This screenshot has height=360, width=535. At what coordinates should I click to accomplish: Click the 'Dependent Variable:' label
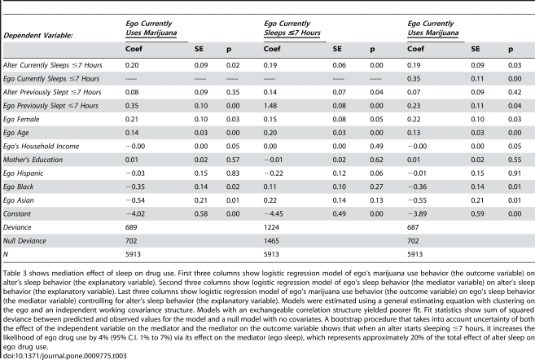(x=38, y=36)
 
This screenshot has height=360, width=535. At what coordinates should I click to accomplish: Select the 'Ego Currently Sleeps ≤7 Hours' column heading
(x=292, y=28)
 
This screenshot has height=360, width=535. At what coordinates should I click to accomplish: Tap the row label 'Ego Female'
(x=21, y=120)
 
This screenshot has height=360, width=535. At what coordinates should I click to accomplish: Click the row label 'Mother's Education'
(x=33, y=160)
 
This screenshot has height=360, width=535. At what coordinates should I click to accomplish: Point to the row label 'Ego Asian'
(x=19, y=200)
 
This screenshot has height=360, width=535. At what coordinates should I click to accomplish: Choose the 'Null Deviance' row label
(x=24, y=241)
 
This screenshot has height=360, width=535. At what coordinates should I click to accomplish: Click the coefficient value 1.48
(x=270, y=106)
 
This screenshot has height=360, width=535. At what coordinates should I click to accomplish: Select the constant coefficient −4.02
(x=135, y=214)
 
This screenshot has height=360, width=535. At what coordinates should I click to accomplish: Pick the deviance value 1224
(x=271, y=227)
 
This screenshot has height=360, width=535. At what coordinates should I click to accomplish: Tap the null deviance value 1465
(x=271, y=241)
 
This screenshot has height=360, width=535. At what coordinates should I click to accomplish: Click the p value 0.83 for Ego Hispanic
(x=233, y=173)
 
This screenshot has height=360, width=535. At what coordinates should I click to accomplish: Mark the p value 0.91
(x=515, y=173)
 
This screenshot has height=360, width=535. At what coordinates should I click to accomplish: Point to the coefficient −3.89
(x=417, y=214)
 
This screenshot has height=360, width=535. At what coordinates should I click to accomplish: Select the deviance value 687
(x=413, y=227)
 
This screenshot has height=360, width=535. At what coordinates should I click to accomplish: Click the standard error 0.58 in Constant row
(x=201, y=214)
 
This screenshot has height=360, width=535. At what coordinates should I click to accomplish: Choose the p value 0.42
(x=515, y=92)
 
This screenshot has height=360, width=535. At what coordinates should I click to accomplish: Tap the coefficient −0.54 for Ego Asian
(x=135, y=200)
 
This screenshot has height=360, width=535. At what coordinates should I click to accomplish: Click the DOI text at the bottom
(x=65, y=356)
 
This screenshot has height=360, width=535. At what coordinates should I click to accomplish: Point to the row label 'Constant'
(x=17, y=214)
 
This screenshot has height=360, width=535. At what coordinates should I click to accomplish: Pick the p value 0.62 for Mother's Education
(x=377, y=160)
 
